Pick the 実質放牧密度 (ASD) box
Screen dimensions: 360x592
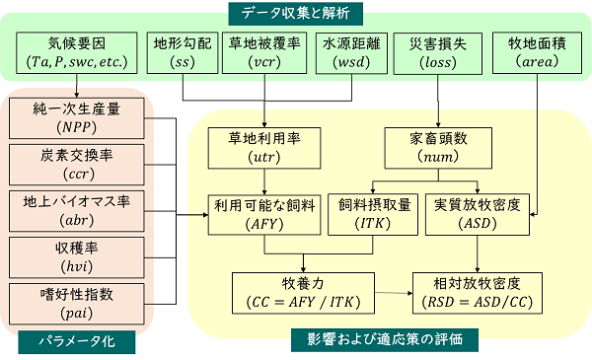tap(477, 214)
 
